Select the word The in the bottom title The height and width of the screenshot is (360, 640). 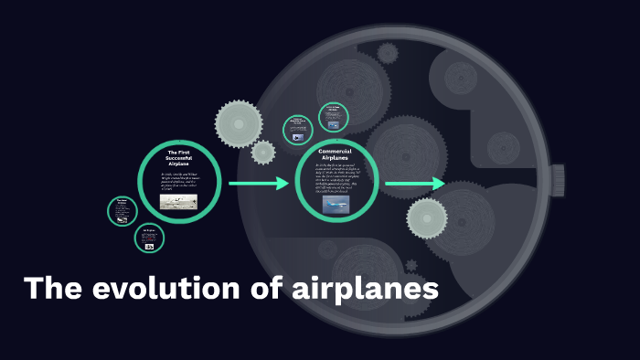(54, 290)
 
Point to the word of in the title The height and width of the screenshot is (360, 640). (263, 290)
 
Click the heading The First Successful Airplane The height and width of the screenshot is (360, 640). (178, 156)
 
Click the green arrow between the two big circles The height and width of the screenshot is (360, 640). (259, 185)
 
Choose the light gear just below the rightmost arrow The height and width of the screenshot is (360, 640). (427, 218)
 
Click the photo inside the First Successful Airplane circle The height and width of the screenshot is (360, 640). (178, 201)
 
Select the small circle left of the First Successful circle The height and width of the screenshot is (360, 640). (122, 210)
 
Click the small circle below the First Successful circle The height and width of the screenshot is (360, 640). (149, 239)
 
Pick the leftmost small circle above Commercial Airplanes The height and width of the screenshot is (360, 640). (298, 129)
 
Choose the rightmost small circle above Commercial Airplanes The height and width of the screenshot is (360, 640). (332, 116)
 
